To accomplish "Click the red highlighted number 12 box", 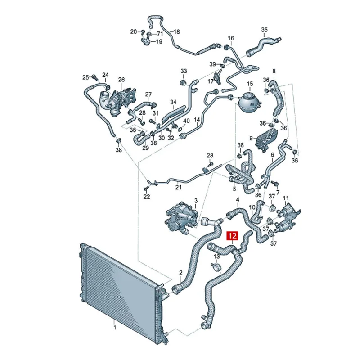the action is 232,235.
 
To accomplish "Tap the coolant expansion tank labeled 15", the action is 249,102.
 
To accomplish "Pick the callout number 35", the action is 265,30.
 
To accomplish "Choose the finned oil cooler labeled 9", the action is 266,139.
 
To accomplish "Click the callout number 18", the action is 177,31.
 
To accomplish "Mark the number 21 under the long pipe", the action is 178,187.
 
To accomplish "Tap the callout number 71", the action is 160,34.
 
